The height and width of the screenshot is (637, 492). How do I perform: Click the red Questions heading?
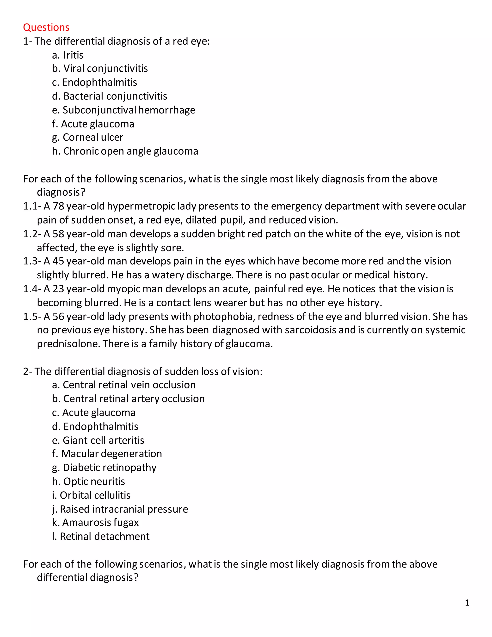click(46, 27)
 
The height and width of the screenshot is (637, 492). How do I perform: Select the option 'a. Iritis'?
click(68, 55)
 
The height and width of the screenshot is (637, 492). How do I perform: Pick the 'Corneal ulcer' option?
click(88, 137)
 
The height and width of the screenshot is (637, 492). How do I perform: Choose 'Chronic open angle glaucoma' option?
click(125, 151)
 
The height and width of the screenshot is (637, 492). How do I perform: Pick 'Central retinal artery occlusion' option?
click(128, 399)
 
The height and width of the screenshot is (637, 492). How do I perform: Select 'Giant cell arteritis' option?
click(98, 440)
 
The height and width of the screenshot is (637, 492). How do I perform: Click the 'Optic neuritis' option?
click(89, 481)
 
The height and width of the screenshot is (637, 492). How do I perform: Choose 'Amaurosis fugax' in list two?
click(95, 522)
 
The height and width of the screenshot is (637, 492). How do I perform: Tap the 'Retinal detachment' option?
click(101, 536)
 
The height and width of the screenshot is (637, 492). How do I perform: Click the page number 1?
click(467, 603)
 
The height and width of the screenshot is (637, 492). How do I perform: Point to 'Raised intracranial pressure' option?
click(120, 509)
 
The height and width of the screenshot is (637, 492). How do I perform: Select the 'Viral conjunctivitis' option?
click(100, 69)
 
